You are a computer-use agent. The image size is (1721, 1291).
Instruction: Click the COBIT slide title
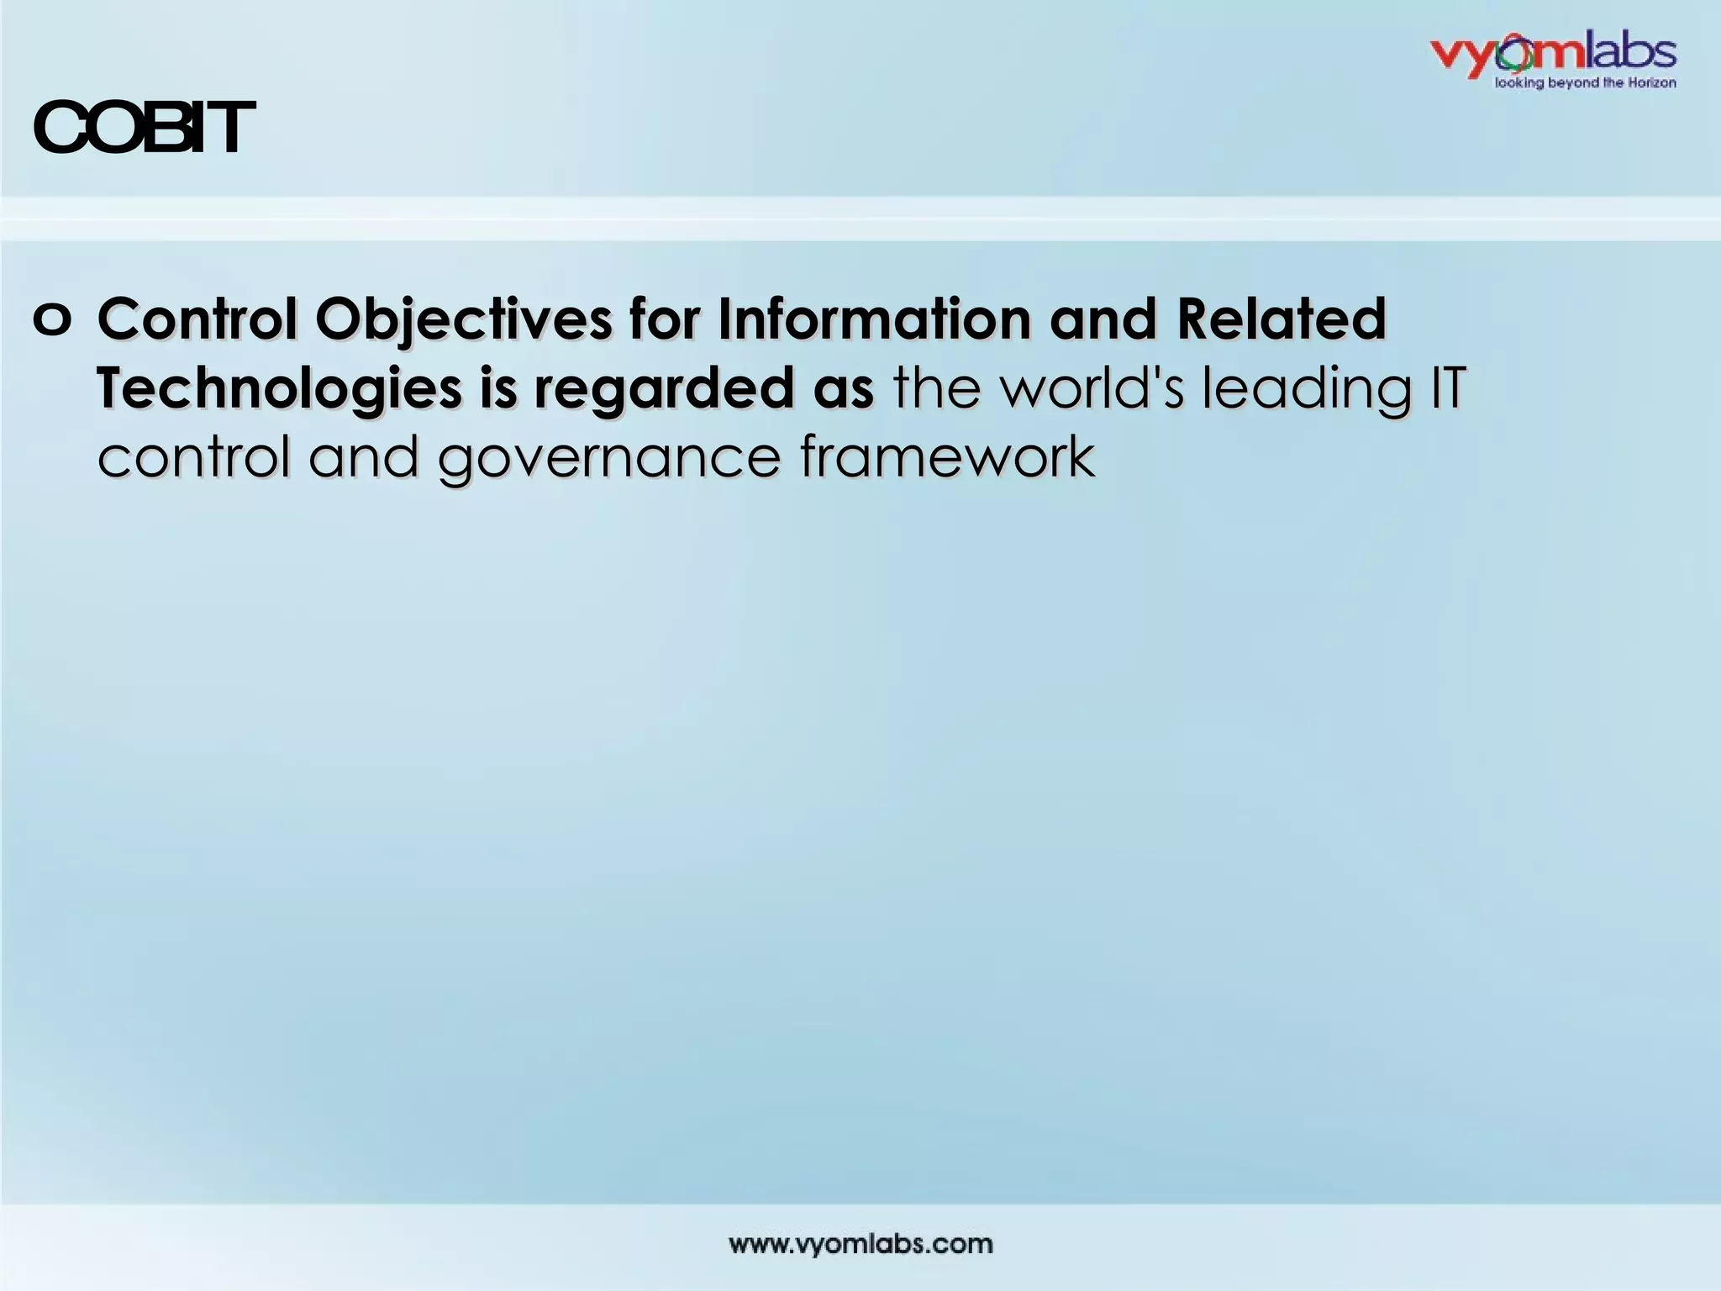pyautogui.click(x=143, y=129)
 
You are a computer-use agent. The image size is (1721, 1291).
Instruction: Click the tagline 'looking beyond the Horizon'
pyautogui.click(x=1584, y=83)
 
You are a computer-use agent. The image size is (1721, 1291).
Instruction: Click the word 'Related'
pyautogui.click(x=1281, y=319)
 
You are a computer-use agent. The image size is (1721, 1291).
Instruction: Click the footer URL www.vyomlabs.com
pyautogui.click(x=860, y=1244)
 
